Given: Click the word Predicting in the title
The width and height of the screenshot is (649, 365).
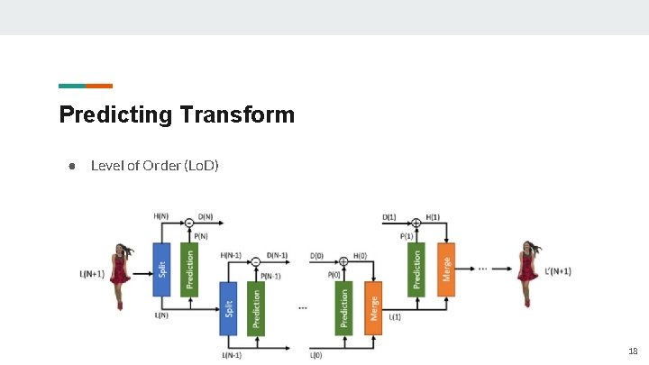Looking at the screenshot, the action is (x=115, y=115).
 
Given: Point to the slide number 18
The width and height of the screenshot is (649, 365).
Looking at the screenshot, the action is (x=633, y=351).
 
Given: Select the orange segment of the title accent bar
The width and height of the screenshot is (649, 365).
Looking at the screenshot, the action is (x=99, y=86).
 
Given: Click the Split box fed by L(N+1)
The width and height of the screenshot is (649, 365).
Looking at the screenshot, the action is (x=162, y=269).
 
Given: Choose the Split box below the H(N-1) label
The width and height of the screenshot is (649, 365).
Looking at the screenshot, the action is (x=229, y=308).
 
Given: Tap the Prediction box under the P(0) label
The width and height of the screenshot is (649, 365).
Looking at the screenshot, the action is (x=343, y=308).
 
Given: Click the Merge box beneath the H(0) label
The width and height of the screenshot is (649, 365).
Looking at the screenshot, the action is (x=372, y=308).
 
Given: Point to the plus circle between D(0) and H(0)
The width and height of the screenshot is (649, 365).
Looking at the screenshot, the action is (x=343, y=261).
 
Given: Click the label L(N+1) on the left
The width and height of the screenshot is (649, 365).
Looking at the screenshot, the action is (x=92, y=274).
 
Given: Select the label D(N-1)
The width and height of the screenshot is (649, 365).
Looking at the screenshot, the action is (x=277, y=255).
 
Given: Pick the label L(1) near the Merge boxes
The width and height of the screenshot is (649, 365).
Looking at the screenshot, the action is (x=396, y=316).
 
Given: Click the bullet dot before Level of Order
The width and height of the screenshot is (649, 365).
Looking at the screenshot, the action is (x=69, y=166).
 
